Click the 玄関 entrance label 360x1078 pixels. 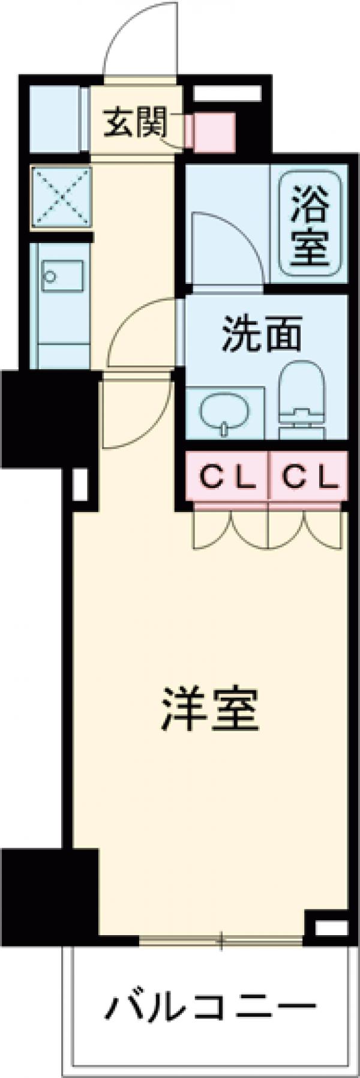pyautogui.click(x=134, y=125)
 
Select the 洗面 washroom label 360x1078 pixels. pyautogui.click(x=262, y=336)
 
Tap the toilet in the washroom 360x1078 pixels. pyautogui.click(x=301, y=399)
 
